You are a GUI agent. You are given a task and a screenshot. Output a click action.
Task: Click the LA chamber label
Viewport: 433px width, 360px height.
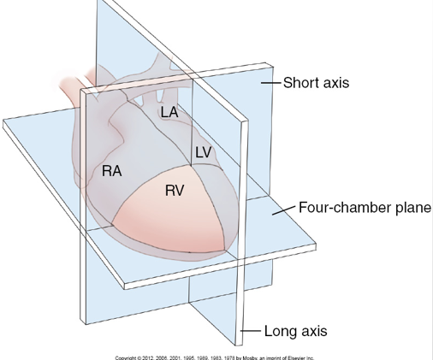coord(169,112)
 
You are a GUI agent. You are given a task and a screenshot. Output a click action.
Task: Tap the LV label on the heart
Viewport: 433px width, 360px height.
coord(203,152)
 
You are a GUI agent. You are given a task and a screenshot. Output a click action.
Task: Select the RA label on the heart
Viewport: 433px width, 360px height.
coord(111,170)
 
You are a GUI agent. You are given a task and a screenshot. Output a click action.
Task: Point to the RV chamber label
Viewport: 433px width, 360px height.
coord(175,191)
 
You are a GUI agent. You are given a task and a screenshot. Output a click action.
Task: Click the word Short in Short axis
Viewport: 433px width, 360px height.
coord(300,83)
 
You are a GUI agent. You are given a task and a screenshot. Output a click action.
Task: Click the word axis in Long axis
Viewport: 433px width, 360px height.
coord(311,330)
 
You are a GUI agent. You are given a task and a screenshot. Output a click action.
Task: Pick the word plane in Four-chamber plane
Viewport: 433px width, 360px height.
coord(411,207)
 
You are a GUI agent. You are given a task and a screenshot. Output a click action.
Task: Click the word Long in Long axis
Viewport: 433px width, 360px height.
coord(280,330)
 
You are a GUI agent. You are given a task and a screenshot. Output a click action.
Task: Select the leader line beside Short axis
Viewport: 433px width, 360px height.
coord(270,83)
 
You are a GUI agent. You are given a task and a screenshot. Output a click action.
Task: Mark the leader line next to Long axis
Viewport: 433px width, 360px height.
coord(252,330)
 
